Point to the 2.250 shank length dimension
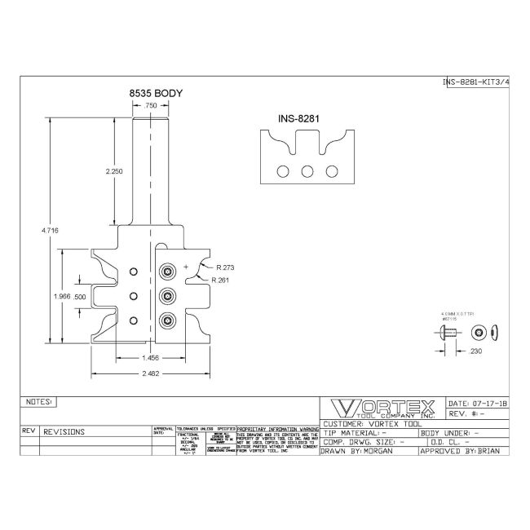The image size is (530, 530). [x=115, y=172]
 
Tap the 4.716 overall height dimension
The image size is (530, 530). [x=50, y=232]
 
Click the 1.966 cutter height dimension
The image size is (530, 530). [x=60, y=297]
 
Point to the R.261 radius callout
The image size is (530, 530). [x=219, y=280]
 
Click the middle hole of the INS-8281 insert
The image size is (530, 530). [x=307, y=171]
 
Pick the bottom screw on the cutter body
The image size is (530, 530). [x=168, y=320]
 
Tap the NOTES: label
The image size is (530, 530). [x=39, y=402]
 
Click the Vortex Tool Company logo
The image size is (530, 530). [x=380, y=408]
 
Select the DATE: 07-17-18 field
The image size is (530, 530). [x=478, y=404]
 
